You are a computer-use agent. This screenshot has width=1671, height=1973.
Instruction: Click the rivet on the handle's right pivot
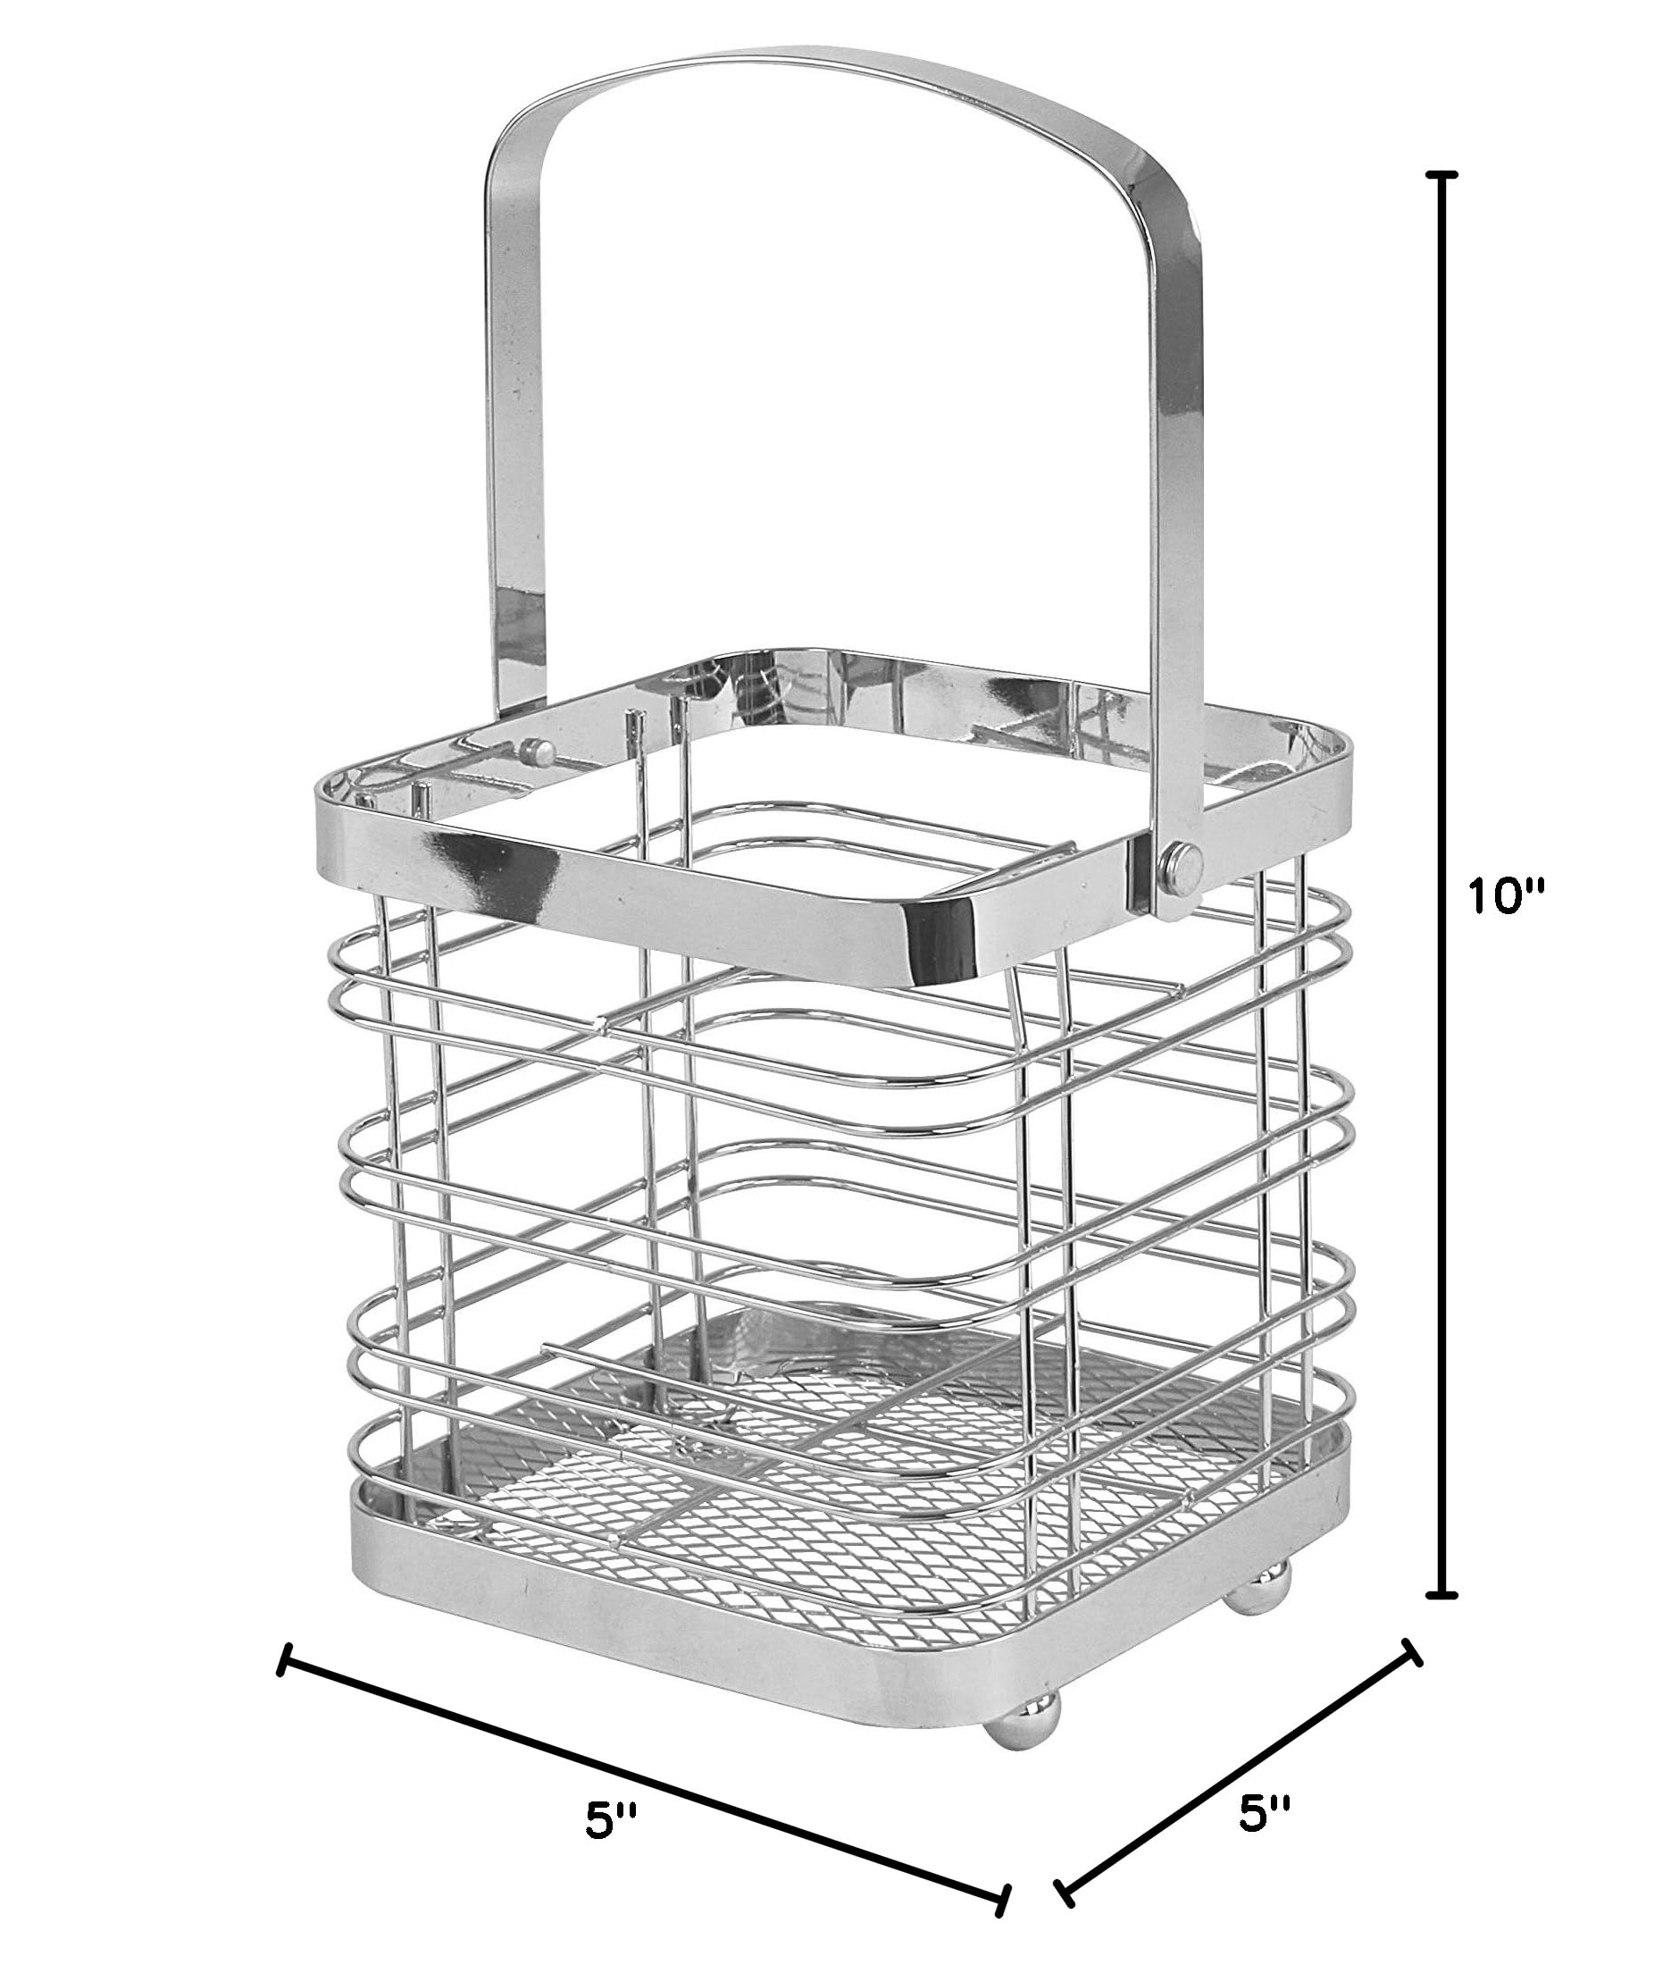[x=1180, y=861]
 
